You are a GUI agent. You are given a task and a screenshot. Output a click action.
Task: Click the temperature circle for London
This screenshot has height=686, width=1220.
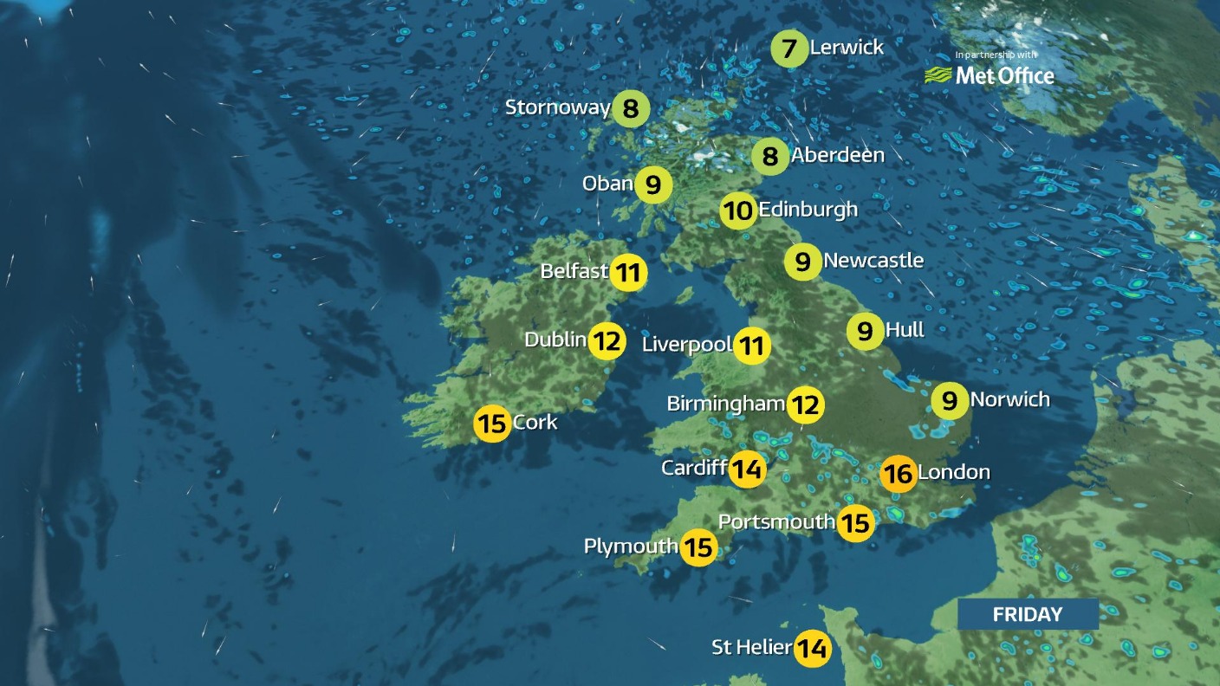point(898,474)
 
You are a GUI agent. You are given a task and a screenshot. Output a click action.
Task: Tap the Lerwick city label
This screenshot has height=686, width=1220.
point(847,48)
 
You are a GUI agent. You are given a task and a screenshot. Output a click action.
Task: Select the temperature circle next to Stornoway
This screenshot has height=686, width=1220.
point(630,108)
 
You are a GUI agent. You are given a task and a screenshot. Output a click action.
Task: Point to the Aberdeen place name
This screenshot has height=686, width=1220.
point(837,155)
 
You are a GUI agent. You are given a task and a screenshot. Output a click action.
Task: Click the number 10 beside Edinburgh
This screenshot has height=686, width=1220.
point(737,210)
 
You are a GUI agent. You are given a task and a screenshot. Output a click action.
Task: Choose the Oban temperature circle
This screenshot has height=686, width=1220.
point(653,184)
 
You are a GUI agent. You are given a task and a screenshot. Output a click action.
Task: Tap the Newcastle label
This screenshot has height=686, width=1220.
point(873,260)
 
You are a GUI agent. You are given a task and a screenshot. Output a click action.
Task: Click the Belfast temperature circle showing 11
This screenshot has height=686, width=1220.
point(628,273)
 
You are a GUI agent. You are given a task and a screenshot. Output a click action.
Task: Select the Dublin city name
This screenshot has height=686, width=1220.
point(555,340)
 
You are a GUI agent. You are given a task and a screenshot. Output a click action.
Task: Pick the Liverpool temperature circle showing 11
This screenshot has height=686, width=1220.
point(752,346)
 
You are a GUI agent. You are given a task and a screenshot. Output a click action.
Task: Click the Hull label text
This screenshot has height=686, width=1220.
point(905,329)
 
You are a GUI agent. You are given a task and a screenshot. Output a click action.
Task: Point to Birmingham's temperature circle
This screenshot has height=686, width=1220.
point(805,404)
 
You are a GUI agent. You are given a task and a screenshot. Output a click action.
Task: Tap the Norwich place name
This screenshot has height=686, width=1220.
point(1009,399)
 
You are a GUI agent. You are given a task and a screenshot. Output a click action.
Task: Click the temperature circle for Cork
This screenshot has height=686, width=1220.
point(492,424)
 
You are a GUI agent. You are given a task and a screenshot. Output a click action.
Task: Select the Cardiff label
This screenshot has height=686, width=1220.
point(693,468)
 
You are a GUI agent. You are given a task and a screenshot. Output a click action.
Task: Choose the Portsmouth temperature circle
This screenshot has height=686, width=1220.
point(855,523)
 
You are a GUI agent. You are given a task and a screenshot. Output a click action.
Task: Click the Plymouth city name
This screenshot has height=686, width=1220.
point(630,547)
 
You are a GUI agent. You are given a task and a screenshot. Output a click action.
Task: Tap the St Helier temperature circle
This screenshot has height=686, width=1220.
point(812,648)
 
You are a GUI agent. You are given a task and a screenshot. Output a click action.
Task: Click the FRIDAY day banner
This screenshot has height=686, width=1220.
point(1027,614)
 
